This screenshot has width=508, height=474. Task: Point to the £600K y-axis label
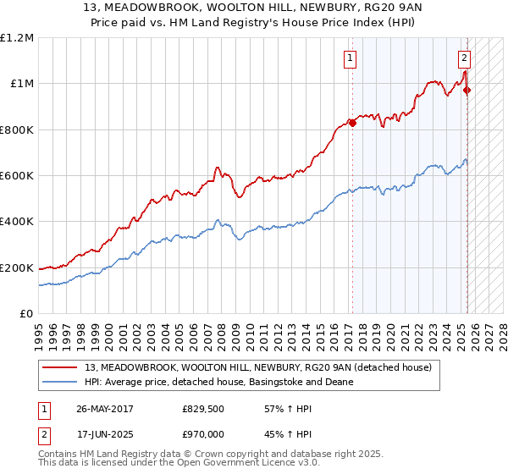17,176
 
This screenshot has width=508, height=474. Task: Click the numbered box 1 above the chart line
349,58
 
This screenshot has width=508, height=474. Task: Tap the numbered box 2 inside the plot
465,58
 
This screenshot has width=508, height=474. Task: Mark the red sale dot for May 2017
353,123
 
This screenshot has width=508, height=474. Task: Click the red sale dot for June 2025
467,91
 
